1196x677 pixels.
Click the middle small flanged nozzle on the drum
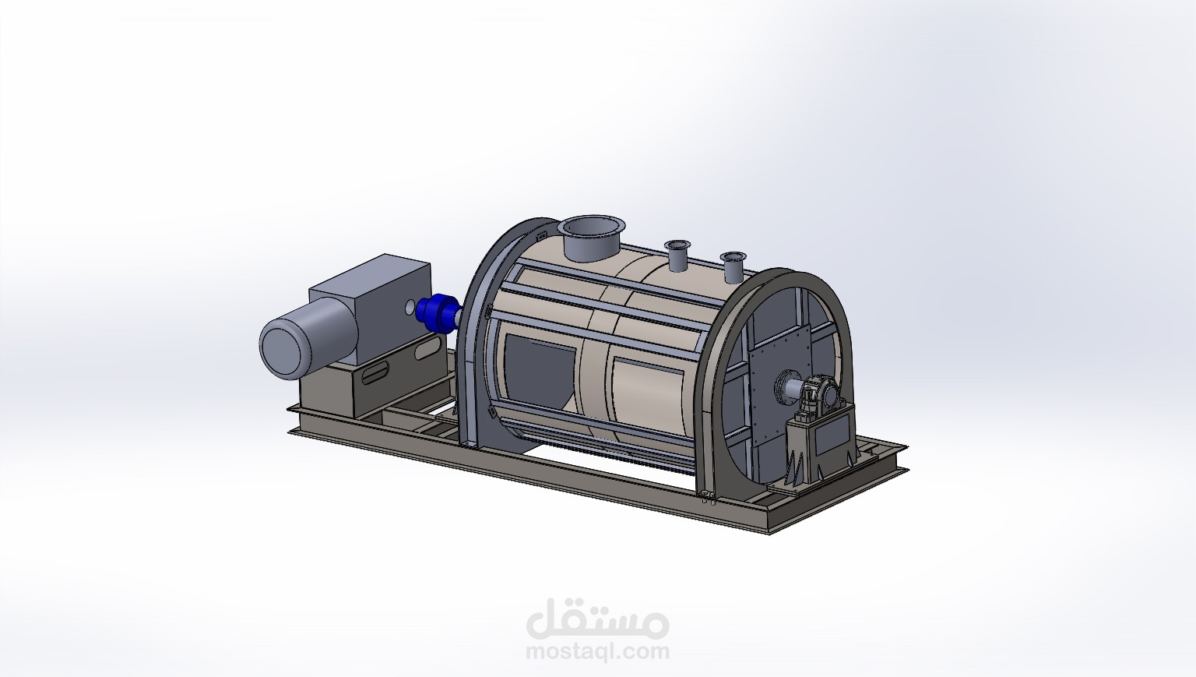(676, 255)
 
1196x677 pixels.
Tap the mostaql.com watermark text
(598, 651)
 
